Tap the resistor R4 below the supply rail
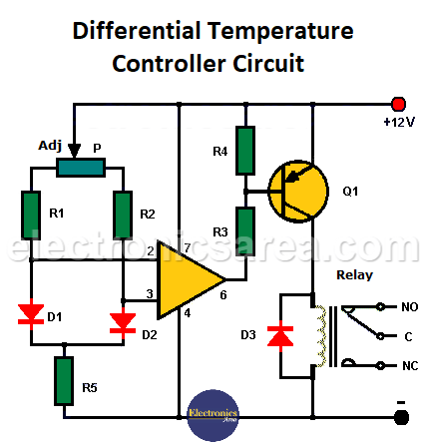tap(242, 149)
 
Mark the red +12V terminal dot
tap(399, 104)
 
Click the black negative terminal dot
tap(400, 411)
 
